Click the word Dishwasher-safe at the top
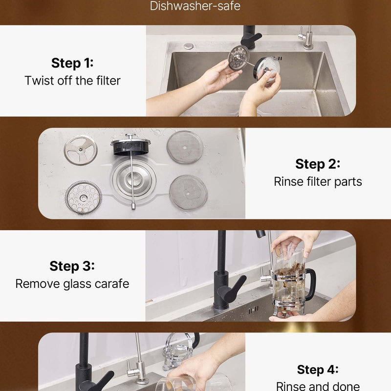pyautogui.click(x=195, y=6)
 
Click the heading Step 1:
pyautogui.click(x=72, y=63)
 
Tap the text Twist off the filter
pyautogui.click(x=72, y=81)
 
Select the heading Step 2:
pyautogui.click(x=318, y=164)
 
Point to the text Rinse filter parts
pyautogui.click(x=318, y=181)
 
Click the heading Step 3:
pyautogui.click(x=72, y=266)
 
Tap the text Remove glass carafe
pyautogui.click(x=72, y=284)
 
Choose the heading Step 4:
pyautogui.click(x=318, y=369)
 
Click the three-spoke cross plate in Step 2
pyautogui.click(x=81, y=150)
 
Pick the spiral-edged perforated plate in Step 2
pyautogui.click(x=84, y=198)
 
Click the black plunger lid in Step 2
pyautogui.click(x=130, y=147)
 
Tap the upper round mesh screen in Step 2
pyautogui.click(x=185, y=148)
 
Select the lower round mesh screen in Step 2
pyautogui.click(x=188, y=192)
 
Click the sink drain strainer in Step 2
pyautogui.click(x=134, y=178)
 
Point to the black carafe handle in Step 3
pyautogui.click(x=311, y=284)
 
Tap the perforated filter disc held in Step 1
pyautogui.click(x=239, y=58)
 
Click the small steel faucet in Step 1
pyautogui.click(x=306, y=37)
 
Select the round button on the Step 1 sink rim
pyautogui.click(x=189, y=46)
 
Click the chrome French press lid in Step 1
pyautogui.click(x=267, y=69)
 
